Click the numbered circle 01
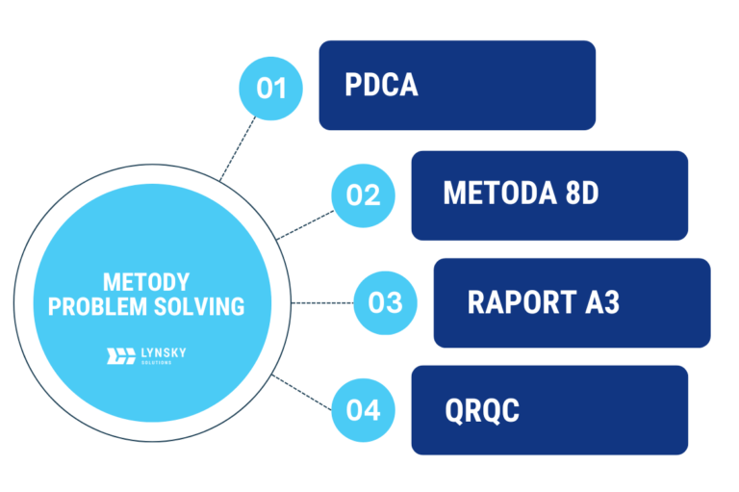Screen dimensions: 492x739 pos(271,88)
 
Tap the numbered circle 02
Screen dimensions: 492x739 pos(363,195)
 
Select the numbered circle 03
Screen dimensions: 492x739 pos(385,302)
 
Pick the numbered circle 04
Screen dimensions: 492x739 pos(363,410)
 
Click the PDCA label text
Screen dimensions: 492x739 pos(381,86)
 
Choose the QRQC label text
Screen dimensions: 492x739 pos(482,410)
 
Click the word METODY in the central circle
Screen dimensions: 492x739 pos(146,282)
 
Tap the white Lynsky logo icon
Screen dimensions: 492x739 pos(120,355)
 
